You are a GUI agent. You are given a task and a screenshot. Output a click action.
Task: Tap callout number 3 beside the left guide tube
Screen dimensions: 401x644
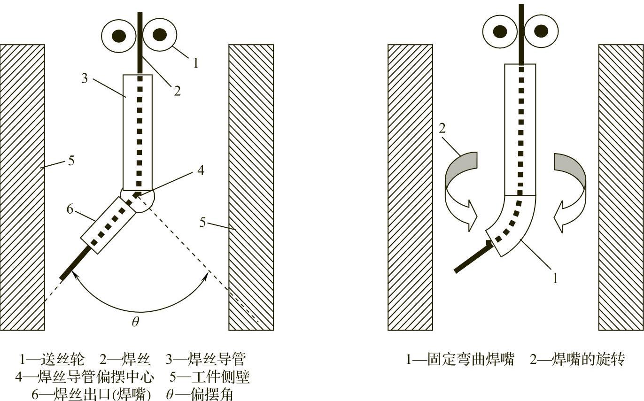[x=85, y=78]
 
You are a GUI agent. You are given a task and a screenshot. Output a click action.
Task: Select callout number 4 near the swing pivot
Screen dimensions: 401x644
[x=201, y=170]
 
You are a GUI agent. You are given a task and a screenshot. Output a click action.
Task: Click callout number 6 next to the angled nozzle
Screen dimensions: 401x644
[x=70, y=209]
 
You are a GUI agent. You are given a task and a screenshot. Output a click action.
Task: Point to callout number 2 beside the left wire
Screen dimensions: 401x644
[x=177, y=91]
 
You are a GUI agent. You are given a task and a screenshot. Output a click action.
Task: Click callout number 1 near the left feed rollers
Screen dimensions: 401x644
[x=196, y=62]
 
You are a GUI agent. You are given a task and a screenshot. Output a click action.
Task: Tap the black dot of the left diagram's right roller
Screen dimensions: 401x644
[x=160, y=34]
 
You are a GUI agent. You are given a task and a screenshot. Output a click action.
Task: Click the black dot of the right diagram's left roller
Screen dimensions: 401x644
[x=500, y=31]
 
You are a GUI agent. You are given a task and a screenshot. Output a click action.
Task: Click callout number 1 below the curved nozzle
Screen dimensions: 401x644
[x=555, y=278]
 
